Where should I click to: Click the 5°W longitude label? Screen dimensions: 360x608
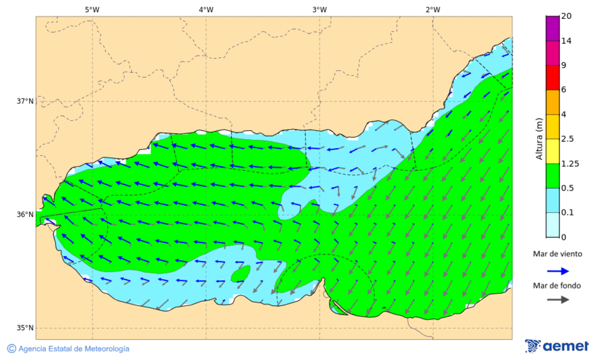click(x=93, y=9)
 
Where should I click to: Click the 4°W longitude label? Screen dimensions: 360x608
click(x=206, y=9)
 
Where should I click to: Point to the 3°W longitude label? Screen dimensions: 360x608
click(x=320, y=9)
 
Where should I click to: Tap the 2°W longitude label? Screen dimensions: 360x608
click(x=433, y=9)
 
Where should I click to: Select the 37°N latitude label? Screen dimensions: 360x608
click(x=25, y=101)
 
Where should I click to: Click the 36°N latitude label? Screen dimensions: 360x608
click(x=25, y=215)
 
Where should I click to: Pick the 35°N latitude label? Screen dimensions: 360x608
click(x=25, y=328)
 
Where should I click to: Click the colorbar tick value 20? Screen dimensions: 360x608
click(x=566, y=16)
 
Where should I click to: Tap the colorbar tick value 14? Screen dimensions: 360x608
click(x=566, y=41)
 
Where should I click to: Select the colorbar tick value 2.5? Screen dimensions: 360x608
click(x=569, y=139)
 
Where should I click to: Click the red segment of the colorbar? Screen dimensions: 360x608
click(x=553, y=78)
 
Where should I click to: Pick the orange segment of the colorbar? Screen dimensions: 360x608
click(x=553, y=102)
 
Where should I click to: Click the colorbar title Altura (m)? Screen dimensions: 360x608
click(x=539, y=138)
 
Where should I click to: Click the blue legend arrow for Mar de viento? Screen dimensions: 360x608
click(x=557, y=270)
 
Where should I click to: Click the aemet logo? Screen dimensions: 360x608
click(x=557, y=346)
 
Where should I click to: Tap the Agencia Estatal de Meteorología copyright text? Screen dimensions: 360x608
click(x=68, y=349)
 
